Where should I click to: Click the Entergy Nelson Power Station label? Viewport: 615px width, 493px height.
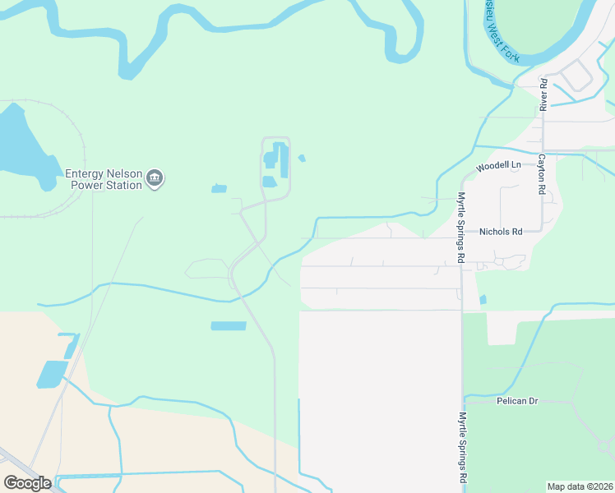pos(104,179)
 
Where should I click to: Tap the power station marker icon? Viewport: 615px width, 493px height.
pos(155,178)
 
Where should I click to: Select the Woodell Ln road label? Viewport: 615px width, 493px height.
pos(499,166)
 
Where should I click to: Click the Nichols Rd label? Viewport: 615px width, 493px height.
pos(501,232)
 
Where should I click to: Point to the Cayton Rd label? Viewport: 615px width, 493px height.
pos(543,173)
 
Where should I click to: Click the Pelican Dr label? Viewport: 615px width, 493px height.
pos(517,401)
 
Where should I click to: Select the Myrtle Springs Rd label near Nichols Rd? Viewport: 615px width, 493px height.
pos(461,228)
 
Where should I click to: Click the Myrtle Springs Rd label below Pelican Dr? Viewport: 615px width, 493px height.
pos(463,447)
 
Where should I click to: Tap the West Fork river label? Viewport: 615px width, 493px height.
pos(501,35)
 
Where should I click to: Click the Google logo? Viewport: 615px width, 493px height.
pos(27,482)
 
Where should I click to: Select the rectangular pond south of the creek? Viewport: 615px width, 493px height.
pos(229,326)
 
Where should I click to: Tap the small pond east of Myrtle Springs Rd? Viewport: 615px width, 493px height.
pos(483,300)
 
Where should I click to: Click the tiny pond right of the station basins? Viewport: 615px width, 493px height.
pos(302,158)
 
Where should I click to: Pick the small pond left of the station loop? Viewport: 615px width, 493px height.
pos(219,189)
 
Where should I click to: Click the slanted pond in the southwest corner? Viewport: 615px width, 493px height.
pos(52,374)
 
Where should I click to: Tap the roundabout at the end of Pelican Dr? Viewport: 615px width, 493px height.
pos(604,446)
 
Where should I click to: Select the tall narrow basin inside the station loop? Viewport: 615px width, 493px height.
pos(284,160)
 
